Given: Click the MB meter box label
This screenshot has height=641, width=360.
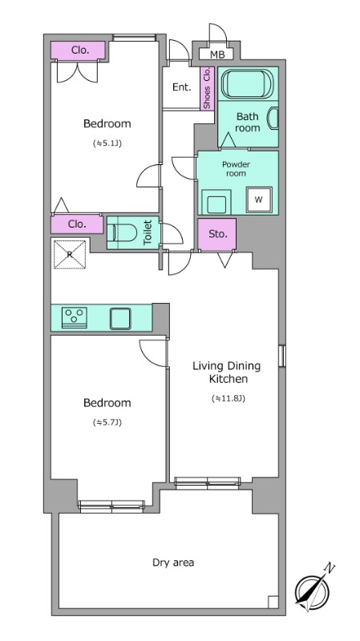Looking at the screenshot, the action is pyautogui.click(x=217, y=54).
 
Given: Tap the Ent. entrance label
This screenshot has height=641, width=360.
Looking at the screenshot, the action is pyautogui.click(x=182, y=87).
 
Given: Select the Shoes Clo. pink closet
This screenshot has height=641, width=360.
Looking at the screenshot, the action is pyautogui.click(x=207, y=88).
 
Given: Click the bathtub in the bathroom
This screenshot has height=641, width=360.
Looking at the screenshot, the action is pyautogui.click(x=247, y=83).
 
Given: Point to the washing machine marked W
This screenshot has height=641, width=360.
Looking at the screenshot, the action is pyautogui.click(x=259, y=200).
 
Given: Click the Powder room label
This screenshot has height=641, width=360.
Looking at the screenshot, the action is pyautogui.click(x=236, y=169).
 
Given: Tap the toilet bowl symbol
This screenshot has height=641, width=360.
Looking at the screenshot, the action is pyautogui.click(x=123, y=232).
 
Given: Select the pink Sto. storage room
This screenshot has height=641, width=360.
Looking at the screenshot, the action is pyautogui.click(x=216, y=234).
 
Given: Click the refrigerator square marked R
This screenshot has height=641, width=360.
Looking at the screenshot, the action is pyautogui.click(x=70, y=254).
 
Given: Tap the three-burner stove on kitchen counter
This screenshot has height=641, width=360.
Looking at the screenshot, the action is pyautogui.click(x=74, y=317).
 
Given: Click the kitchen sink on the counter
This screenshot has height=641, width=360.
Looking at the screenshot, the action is pyautogui.click(x=120, y=319).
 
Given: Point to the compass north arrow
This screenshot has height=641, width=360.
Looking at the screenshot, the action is pyautogui.click(x=315, y=586).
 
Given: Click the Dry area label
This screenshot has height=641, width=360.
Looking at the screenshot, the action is pyautogui.click(x=173, y=562).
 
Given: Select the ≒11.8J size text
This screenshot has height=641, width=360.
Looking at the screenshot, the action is pyautogui.click(x=229, y=398).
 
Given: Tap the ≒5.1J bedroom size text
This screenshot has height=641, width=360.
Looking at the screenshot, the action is pyautogui.click(x=107, y=143).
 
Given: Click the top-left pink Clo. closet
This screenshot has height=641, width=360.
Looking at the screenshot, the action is pyautogui.click(x=78, y=50).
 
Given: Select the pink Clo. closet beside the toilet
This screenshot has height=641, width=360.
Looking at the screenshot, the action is pyautogui.click(x=77, y=224).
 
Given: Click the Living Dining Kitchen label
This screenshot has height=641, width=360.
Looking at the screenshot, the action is pyautogui.click(x=227, y=372).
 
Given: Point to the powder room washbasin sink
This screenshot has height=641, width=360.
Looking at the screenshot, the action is pyautogui.click(x=216, y=203).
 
